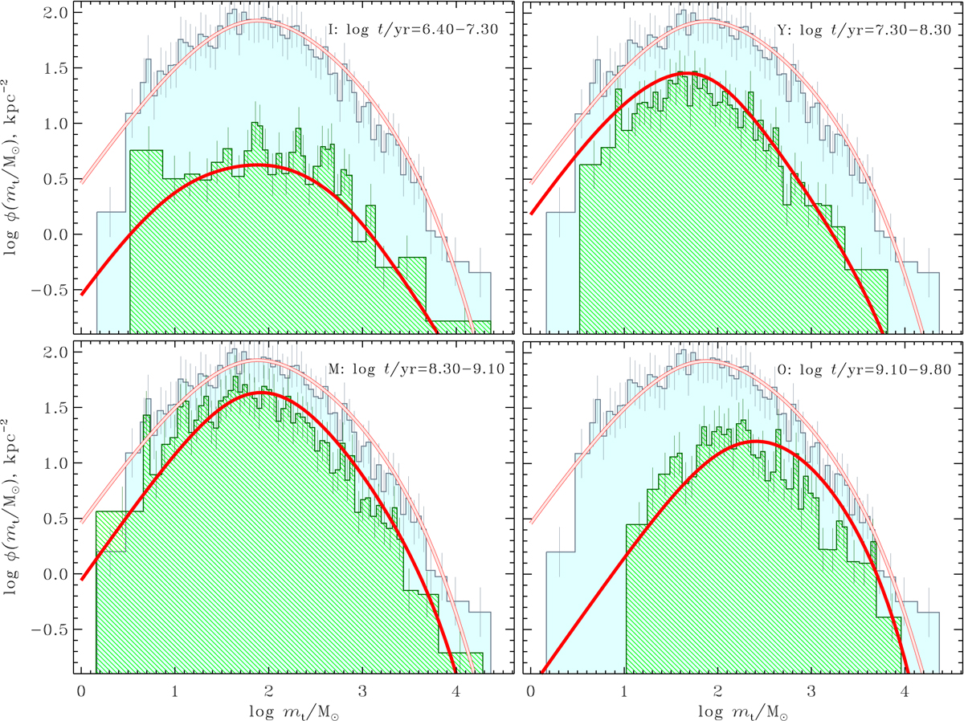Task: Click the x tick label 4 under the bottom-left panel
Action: coord(455,690)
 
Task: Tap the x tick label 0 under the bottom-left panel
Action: coord(81,690)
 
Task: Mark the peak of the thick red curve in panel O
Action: coord(755,442)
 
